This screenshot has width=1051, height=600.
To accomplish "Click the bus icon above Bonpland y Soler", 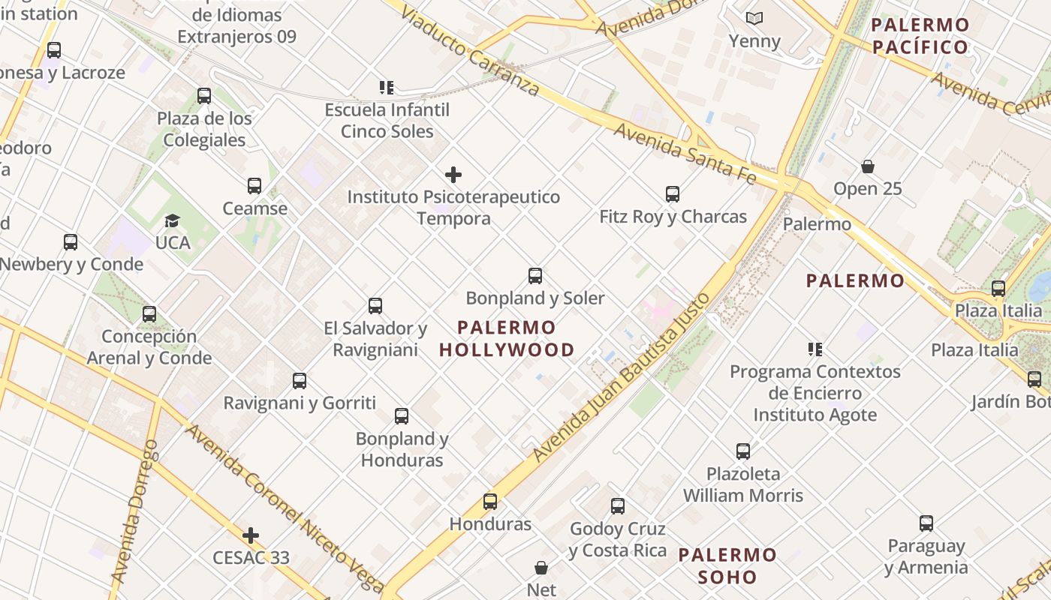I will [535, 276].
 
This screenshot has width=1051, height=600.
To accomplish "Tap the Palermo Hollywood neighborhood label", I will [507, 338].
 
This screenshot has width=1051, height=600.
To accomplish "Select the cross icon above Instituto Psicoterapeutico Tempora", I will [453, 175].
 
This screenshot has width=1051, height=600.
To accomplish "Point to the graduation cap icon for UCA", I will [173, 220].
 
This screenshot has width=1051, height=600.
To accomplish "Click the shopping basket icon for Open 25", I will [868, 166].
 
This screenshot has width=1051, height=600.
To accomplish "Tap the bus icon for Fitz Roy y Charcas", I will [673, 194].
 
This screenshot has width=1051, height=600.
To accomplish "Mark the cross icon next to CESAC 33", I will [251, 535].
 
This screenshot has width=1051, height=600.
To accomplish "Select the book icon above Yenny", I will [754, 18].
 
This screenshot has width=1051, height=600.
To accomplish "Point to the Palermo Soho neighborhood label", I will [728, 565].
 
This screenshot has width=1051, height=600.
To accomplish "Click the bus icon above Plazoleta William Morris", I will [743, 451].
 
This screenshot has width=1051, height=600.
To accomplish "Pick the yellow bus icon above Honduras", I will [490, 502].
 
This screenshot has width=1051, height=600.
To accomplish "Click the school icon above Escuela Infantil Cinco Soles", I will [387, 88].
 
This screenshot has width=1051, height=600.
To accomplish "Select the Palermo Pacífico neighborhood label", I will [920, 36].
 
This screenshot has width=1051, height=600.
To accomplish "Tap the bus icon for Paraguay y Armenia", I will [926, 523].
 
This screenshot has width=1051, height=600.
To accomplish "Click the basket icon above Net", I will [541, 568].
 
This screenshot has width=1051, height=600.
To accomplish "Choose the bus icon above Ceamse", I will [254, 186].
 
